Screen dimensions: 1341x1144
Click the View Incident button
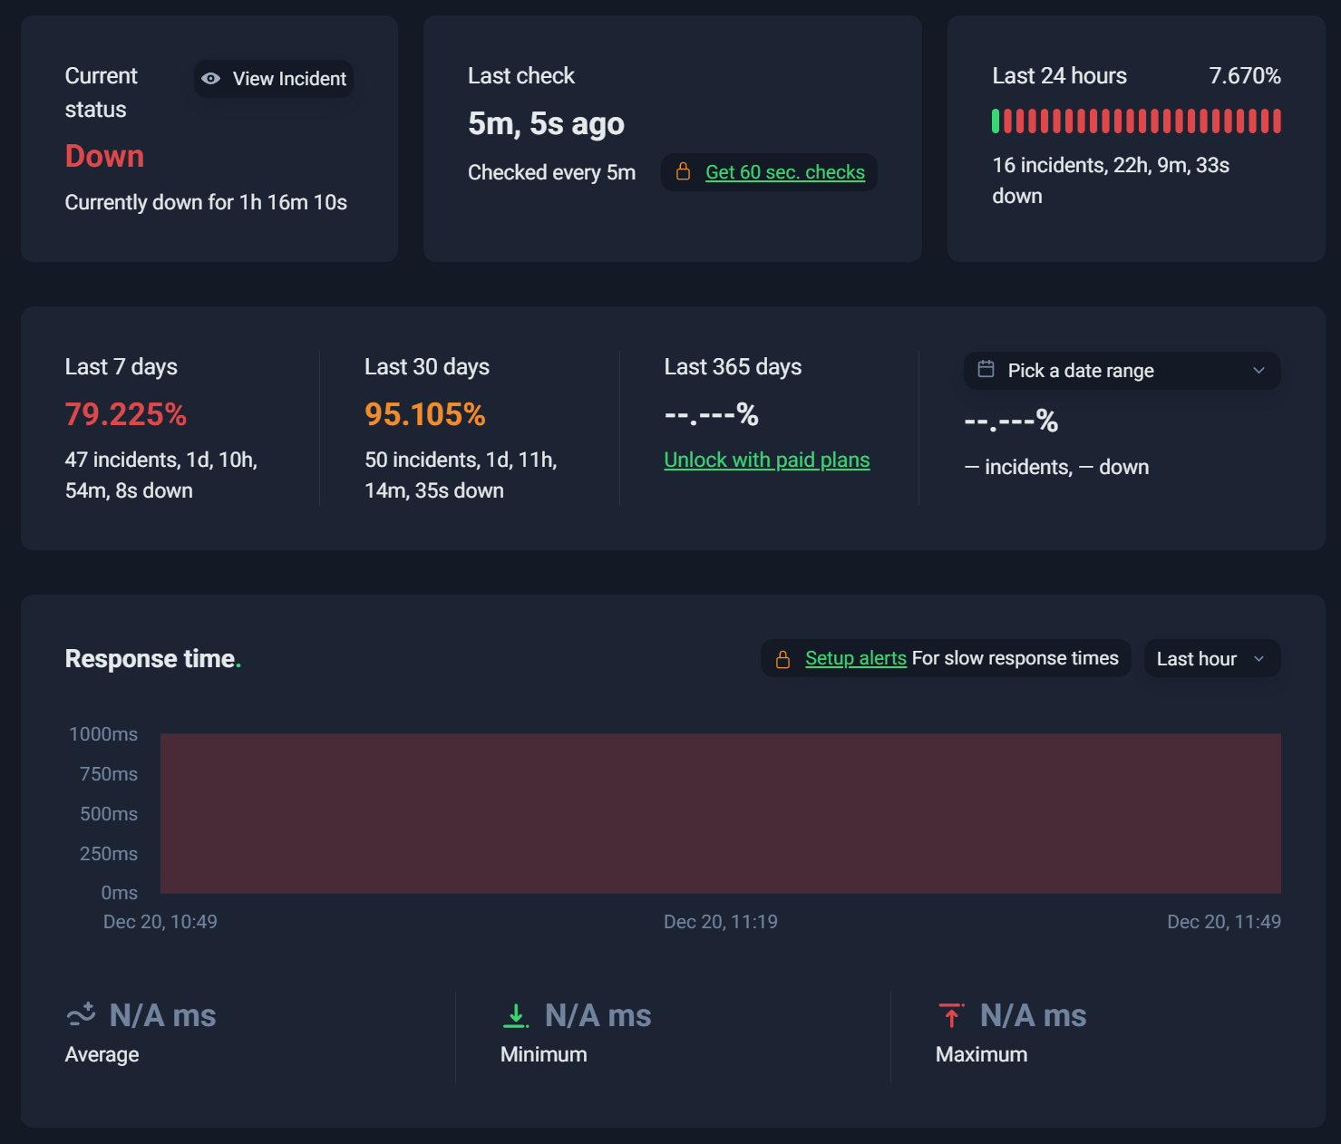pos(274,79)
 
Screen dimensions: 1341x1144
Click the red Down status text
pos(104,156)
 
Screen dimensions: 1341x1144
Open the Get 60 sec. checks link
pos(785,172)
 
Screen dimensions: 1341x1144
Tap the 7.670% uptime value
pos(1244,76)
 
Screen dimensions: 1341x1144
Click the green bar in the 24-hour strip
pos(996,121)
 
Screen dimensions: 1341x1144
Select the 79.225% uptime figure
pos(126,414)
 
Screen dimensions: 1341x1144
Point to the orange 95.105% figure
pos(425,414)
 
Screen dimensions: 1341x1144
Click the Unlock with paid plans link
pos(767,460)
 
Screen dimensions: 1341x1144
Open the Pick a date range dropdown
pos(1122,371)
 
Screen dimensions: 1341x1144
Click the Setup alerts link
pos(856,658)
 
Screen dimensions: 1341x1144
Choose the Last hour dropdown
pos(1212,659)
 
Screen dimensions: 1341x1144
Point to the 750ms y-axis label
pos(108,774)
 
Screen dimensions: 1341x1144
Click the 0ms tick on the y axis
pos(120,893)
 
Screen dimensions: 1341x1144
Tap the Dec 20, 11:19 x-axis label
pos(720,922)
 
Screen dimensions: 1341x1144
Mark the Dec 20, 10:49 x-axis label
pos(160,922)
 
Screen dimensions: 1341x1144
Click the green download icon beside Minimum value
pos(516,1016)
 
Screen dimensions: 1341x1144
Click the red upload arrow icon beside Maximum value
pos(951,1015)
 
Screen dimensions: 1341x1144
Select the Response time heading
pos(153,659)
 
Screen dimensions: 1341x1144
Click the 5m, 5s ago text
pos(546,124)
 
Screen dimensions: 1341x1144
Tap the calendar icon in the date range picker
pos(986,369)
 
